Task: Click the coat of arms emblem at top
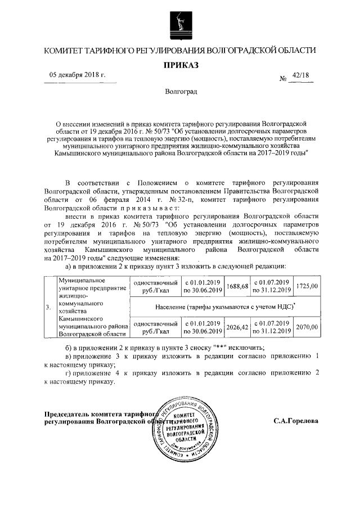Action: [x=181, y=22]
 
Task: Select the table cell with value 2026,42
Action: [x=237, y=327]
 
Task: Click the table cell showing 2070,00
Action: [x=307, y=327]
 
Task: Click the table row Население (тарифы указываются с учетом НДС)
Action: [x=225, y=307]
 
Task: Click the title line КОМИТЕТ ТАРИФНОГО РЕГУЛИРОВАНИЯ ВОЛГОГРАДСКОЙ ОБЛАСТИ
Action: [x=181, y=51]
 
